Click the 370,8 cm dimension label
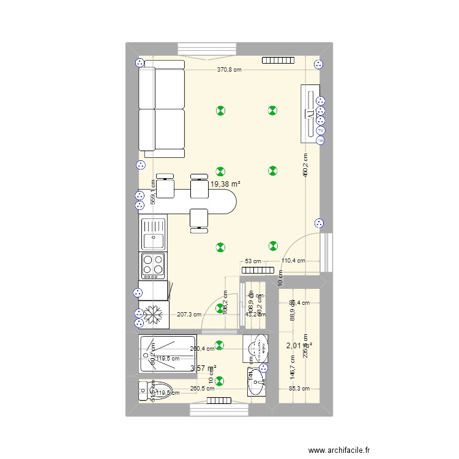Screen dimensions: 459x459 click(x=229, y=70)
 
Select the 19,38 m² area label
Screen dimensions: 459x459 click(x=225, y=183)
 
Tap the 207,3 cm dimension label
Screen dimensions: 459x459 click(x=188, y=315)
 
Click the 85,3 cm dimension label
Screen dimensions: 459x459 click(x=299, y=388)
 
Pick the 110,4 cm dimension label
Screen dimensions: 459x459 click(x=293, y=261)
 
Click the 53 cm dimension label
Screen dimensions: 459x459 click(x=252, y=261)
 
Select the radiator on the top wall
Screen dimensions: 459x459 click(x=278, y=61)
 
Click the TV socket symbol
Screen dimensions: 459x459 click(x=320, y=130)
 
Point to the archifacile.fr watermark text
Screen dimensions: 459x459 click(x=340, y=433)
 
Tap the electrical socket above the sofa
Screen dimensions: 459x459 click(x=139, y=62)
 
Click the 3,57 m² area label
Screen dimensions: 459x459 click(x=204, y=368)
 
